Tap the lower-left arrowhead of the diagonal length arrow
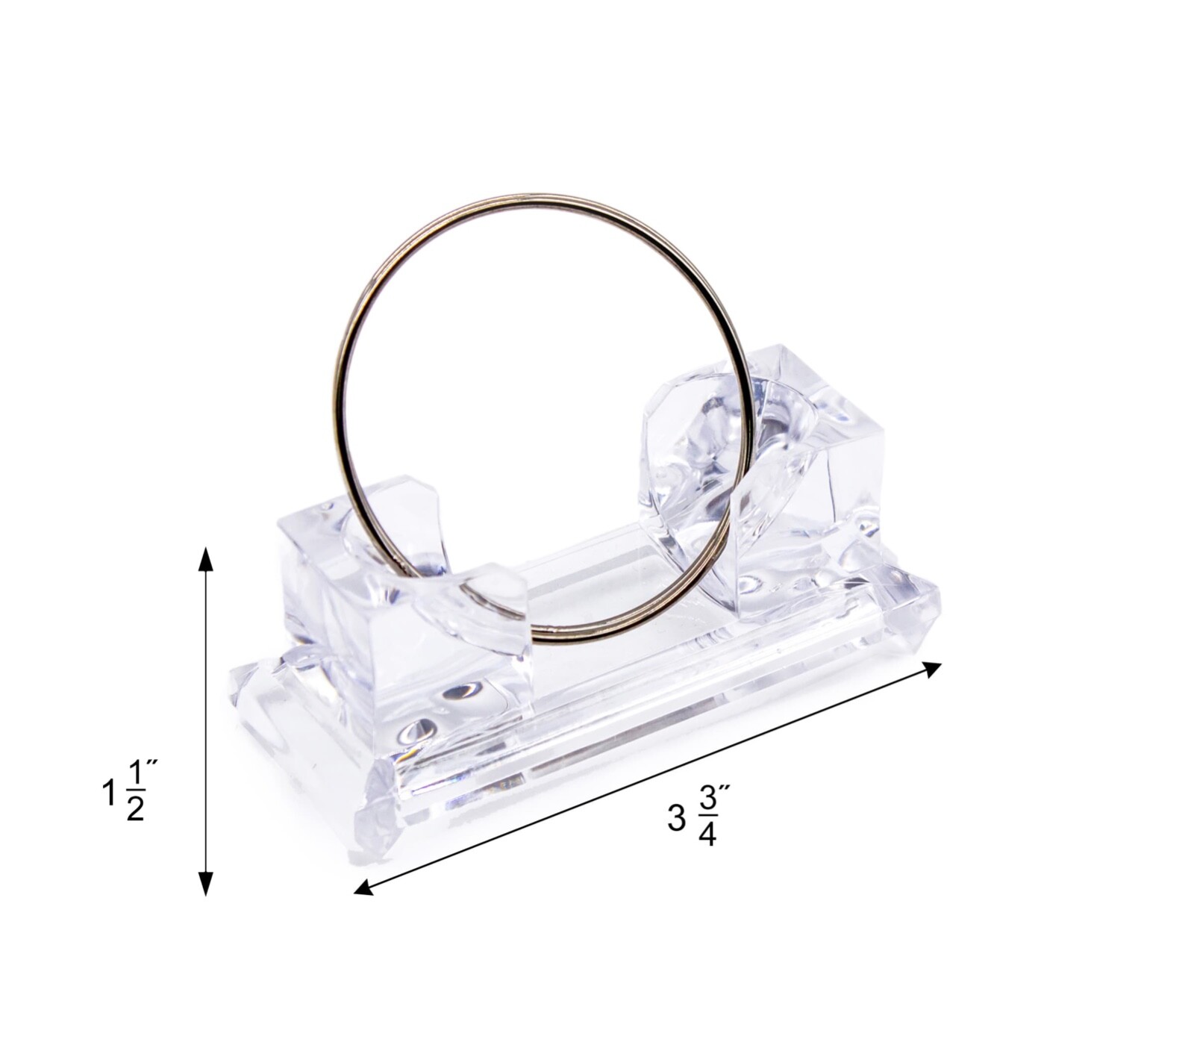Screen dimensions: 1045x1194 pyautogui.click(x=363, y=888)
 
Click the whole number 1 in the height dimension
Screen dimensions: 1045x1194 pyautogui.click(x=109, y=793)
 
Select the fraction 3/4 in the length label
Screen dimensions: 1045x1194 pyautogui.click(x=707, y=817)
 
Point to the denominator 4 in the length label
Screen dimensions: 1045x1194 pyautogui.click(x=707, y=835)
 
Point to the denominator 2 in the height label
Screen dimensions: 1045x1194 pyautogui.click(x=135, y=808)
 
